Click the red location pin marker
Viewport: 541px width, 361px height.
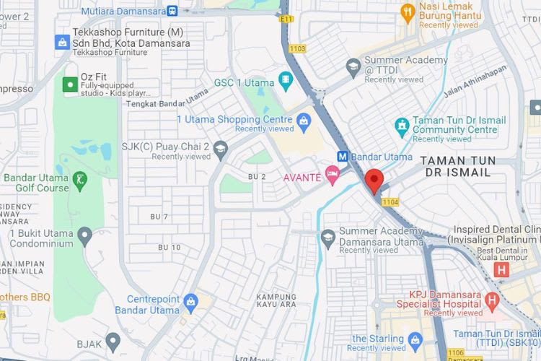(x=374, y=180)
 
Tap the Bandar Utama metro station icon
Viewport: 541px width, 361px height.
(x=343, y=157)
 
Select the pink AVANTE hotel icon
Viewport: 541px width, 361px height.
(x=332, y=172)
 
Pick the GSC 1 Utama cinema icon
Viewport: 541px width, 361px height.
(x=286, y=81)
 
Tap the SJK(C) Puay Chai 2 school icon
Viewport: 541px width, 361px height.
(x=220, y=149)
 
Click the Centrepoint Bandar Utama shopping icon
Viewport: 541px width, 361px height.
(x=190, y=302)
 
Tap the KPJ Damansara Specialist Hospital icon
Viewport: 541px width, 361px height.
(x=492, y=300)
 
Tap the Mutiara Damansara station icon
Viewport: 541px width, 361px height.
(x=172, y=11)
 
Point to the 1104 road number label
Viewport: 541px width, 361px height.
(x=390, y=202)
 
